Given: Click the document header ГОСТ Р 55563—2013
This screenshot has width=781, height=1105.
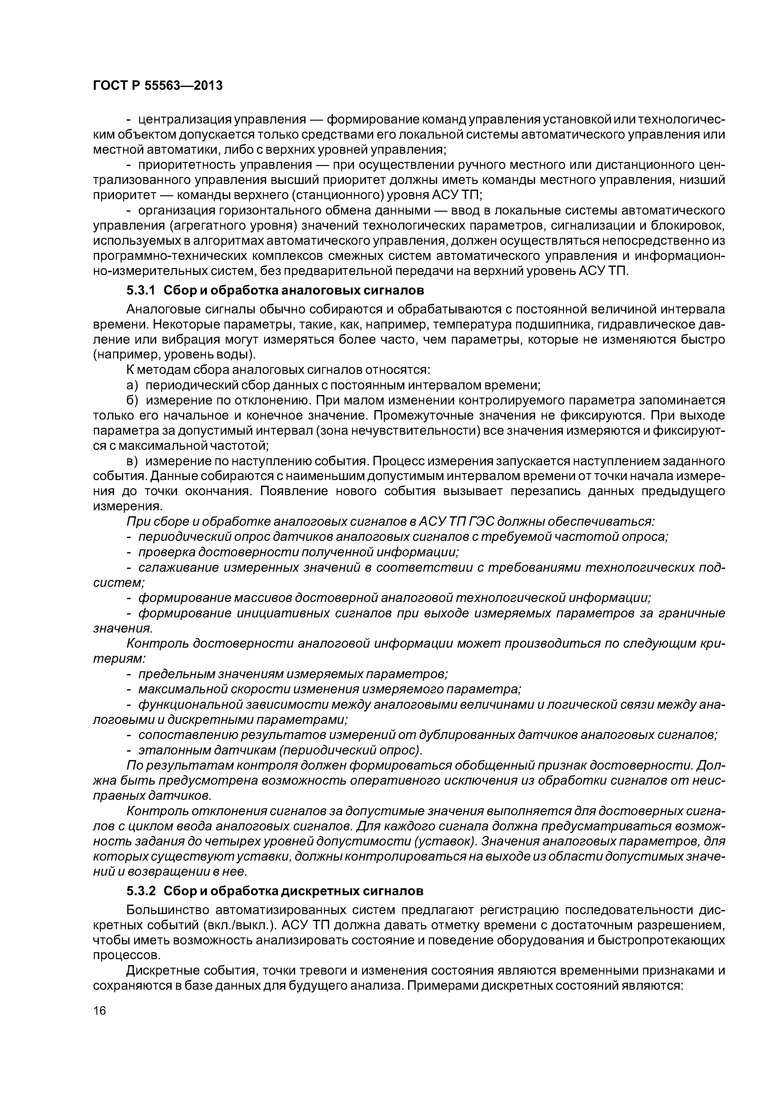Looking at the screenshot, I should coord(157,86).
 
